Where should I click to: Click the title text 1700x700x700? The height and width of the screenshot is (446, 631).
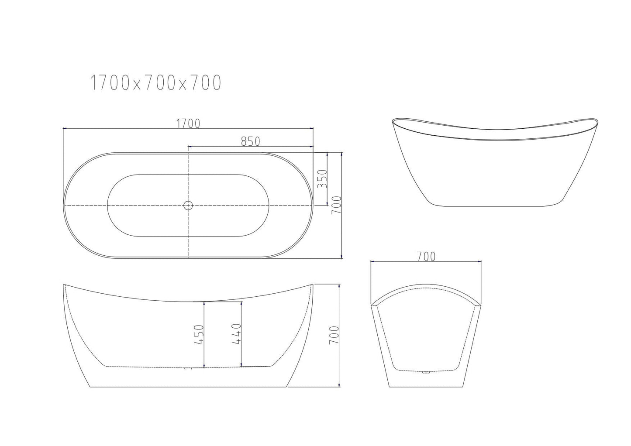click(155, 83)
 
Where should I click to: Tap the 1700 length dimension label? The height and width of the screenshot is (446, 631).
click(188, 124)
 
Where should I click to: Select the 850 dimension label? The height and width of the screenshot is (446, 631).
click(250, 141)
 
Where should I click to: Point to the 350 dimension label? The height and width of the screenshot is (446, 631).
click(322, 178)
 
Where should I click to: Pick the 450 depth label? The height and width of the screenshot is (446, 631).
click(199, 334)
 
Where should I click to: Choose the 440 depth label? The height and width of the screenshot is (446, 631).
click(236, 334)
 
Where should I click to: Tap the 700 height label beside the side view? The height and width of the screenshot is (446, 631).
click(334, 335)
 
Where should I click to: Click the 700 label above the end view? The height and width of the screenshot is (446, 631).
click(426, 257)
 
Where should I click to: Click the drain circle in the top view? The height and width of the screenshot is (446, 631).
click(188, 205)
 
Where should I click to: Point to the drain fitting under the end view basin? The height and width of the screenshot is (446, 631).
click(425, 372)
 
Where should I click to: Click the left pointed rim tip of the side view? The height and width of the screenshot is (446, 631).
click(64, 285)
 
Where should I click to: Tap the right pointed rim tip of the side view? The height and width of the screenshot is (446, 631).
click(313, 285)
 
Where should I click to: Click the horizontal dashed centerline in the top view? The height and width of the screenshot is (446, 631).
click(131, 205)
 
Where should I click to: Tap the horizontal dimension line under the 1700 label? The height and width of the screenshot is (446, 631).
click(131, 128)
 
